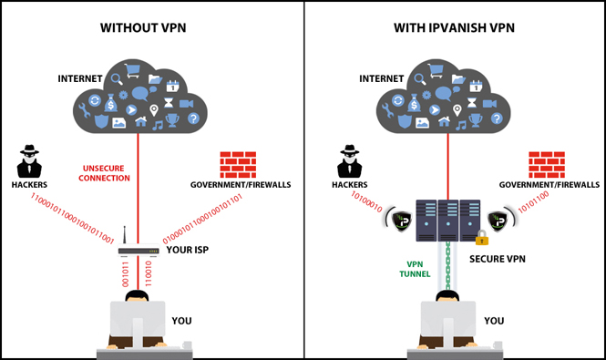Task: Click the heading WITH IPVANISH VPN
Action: click(453, 27)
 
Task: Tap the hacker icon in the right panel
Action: click(347, 161)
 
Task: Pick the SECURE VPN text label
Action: click(497, 259)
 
